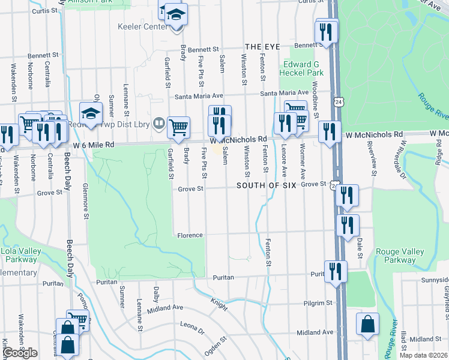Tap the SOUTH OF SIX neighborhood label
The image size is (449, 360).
266,185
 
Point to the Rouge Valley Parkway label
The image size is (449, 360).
395,256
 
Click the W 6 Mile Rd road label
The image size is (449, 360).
94,145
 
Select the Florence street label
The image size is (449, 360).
190,235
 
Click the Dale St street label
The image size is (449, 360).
360,247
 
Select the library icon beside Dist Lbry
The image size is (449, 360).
158,124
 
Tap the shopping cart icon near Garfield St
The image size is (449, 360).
178,127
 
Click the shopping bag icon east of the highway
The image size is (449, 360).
367,324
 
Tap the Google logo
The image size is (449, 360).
19,353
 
